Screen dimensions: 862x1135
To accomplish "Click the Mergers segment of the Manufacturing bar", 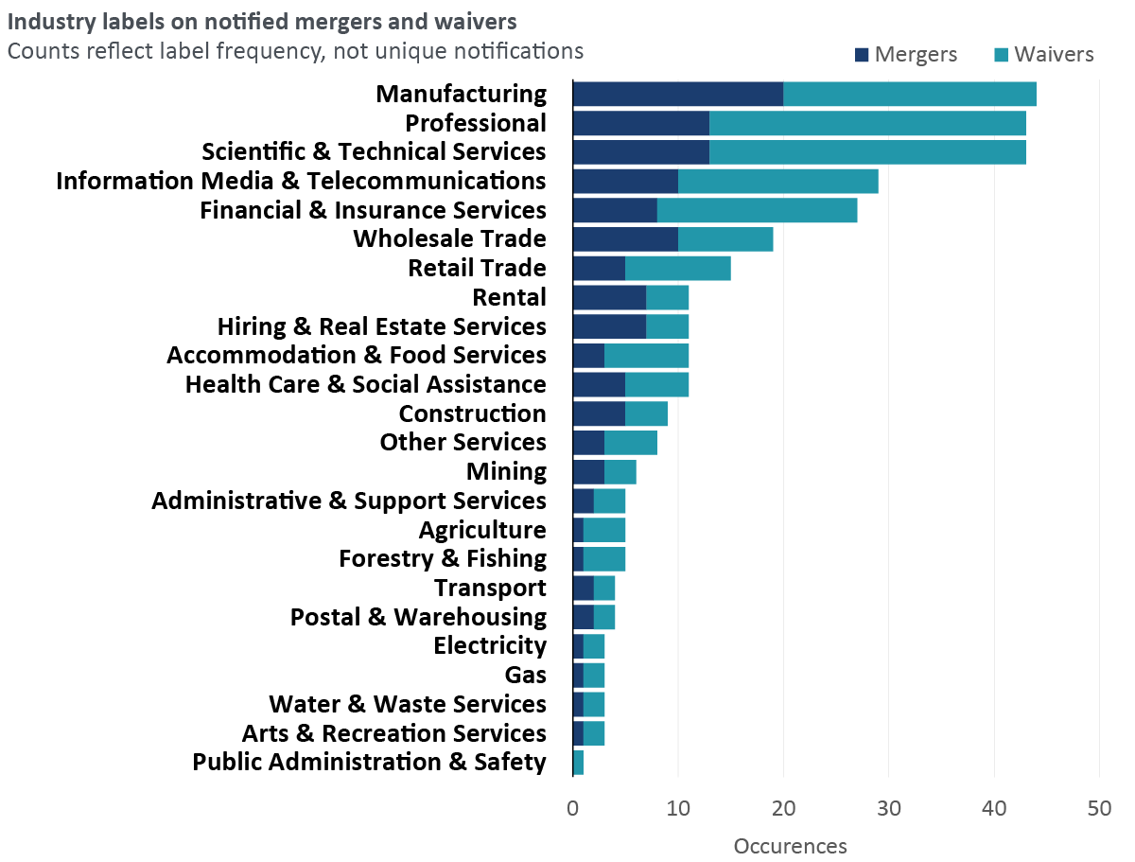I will coord(678,95).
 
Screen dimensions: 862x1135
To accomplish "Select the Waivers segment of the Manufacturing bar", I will coord(910,95).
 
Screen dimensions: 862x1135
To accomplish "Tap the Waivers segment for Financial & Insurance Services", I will coord(757,210).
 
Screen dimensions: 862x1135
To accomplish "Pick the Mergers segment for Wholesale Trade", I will coord(625,239).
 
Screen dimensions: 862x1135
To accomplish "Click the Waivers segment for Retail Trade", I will coord(678,269).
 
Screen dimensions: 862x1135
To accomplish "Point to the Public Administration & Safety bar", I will coord(578,762).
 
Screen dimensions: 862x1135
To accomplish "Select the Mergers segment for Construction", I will coord(599,413).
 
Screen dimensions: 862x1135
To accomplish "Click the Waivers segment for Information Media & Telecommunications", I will coord(777,181).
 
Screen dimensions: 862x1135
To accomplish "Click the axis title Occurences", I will coord(790,845).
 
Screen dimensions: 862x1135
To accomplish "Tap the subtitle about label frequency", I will coord(295,51).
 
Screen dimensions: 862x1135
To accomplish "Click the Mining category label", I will coord(506,471).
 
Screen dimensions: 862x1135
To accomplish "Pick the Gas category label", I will coord(526,675).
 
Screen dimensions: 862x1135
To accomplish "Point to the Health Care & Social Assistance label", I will coord(366,384).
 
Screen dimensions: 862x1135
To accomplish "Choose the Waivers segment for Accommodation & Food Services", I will coord(646,355).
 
